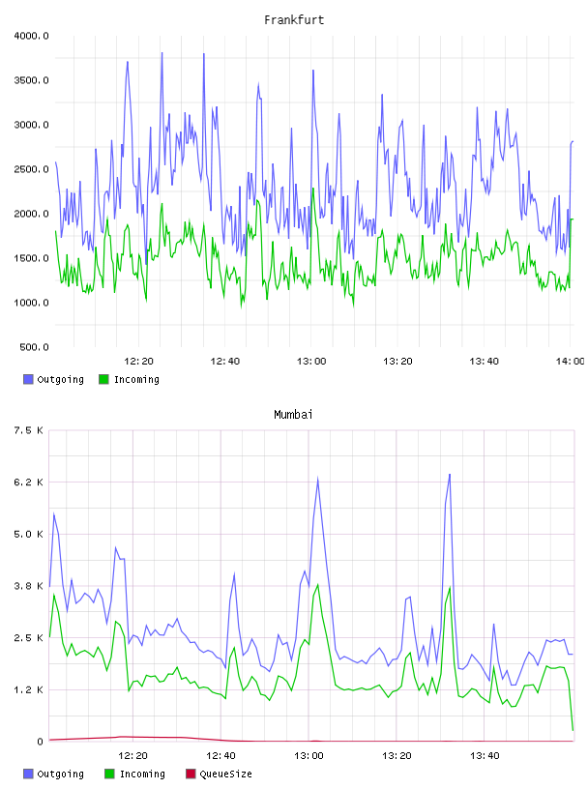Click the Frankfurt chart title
[294, 19]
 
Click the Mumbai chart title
[293, 414]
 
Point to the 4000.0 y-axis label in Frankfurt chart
[31, 36]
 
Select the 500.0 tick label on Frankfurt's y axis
[34, 347]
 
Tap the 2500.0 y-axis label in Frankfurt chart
[31, 169]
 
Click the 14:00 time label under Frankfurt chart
[570, 361]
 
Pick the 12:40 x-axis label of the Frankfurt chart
[224, 361]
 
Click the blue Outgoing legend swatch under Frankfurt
[28, 379]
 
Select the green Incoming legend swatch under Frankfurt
[103, 379]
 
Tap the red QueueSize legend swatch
[191, 774]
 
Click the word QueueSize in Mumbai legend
[225, 774]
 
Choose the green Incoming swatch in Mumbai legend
[109, 774]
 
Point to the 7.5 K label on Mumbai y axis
[29, 430]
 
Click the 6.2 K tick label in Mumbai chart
[29, 482]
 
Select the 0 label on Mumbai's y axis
[40, 742]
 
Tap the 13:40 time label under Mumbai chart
[485, 755]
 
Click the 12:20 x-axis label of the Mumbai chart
[132, 755]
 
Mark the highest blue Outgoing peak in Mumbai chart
[450, 474]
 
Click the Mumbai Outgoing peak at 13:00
[317, 478]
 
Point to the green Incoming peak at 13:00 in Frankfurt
[313, 189]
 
